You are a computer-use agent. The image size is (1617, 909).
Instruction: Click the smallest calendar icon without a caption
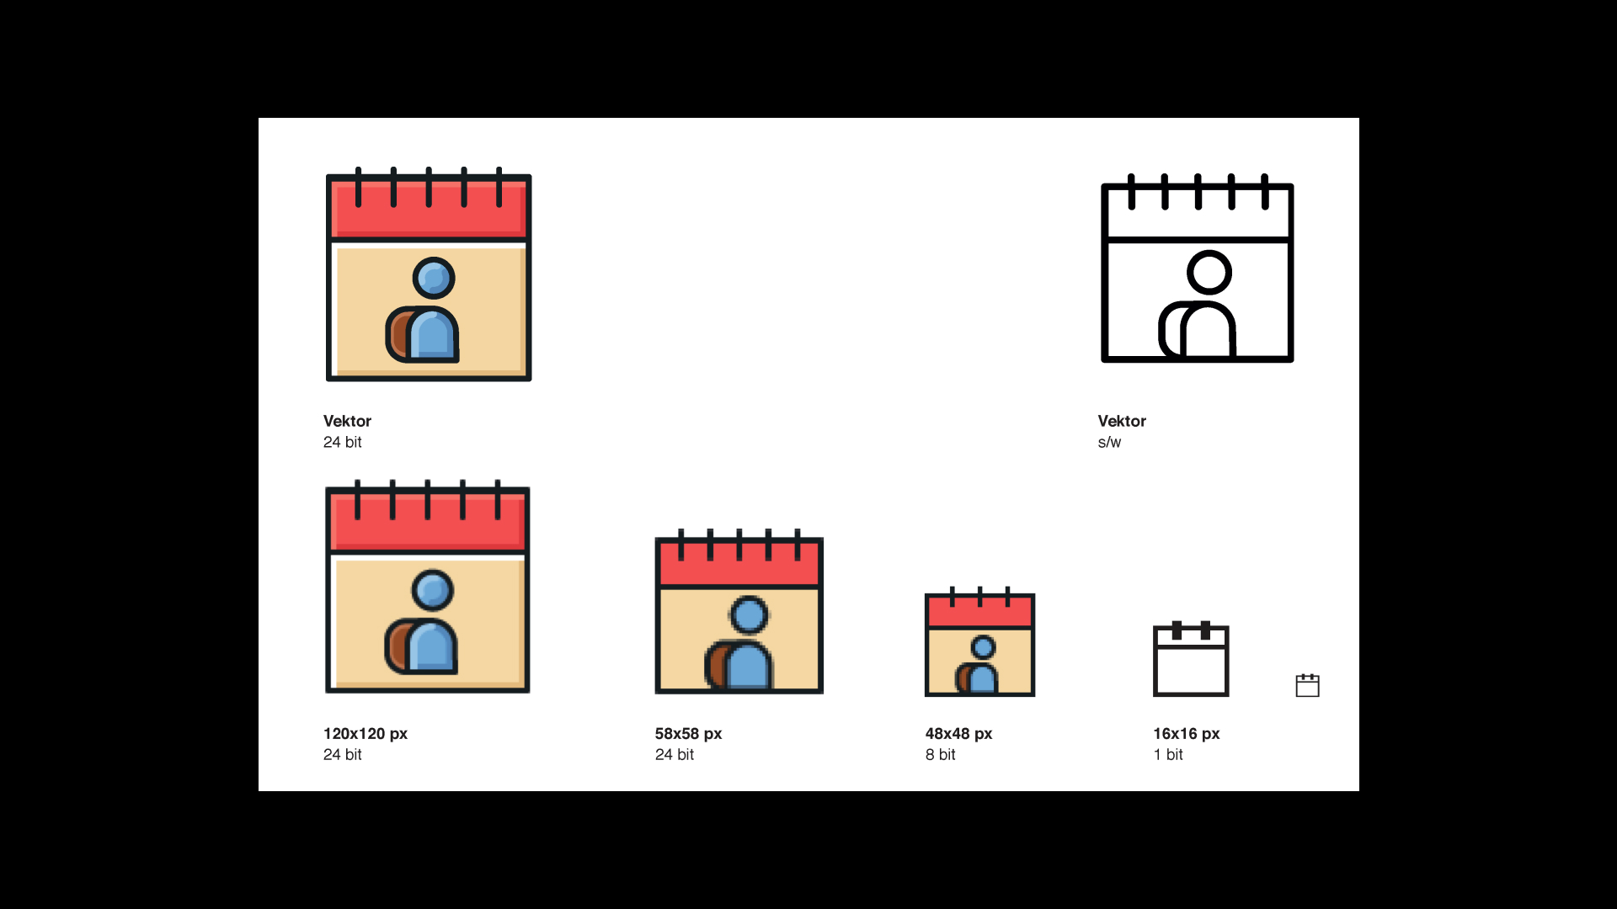1307,686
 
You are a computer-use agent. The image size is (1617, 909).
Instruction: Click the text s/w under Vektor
1109,443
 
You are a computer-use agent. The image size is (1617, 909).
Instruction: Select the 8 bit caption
940,755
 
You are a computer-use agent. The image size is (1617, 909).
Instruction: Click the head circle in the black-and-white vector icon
1209,272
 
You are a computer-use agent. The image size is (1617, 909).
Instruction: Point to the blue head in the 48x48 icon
983,647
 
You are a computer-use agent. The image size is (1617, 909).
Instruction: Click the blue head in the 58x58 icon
749,614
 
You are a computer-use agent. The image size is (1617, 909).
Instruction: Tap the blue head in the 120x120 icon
433,591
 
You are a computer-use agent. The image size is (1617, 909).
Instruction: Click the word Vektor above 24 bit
347,421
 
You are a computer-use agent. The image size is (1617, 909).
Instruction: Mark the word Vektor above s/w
1122,421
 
